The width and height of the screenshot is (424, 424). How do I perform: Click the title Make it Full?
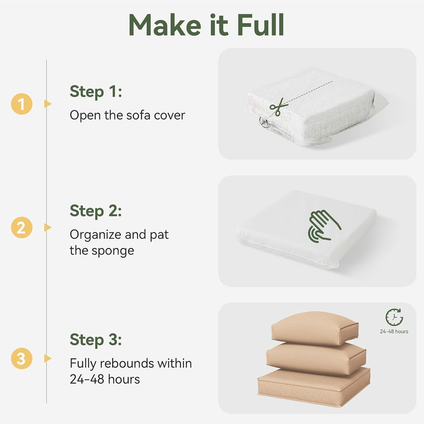point(206,25)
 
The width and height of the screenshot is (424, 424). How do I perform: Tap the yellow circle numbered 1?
point(22,104)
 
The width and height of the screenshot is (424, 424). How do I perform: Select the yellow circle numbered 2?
point(22,228)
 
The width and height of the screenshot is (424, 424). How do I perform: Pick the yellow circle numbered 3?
point(22,359)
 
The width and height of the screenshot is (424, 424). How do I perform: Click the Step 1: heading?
point(96,92)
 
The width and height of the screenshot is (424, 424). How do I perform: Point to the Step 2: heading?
point(96,211)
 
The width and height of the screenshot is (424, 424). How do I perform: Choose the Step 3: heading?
point(96,340)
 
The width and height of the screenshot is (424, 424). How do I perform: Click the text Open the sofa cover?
point(128,115)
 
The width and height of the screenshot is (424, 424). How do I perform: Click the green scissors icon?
point(278,107)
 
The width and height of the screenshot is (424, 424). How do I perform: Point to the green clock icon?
point(394,317)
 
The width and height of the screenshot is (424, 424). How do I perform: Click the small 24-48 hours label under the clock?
point(394,332)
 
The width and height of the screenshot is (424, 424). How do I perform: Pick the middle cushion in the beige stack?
point(316,359)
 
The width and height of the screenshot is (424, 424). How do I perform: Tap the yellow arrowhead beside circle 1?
point(48,104)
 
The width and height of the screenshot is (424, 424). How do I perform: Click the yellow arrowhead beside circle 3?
point(48,359)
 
